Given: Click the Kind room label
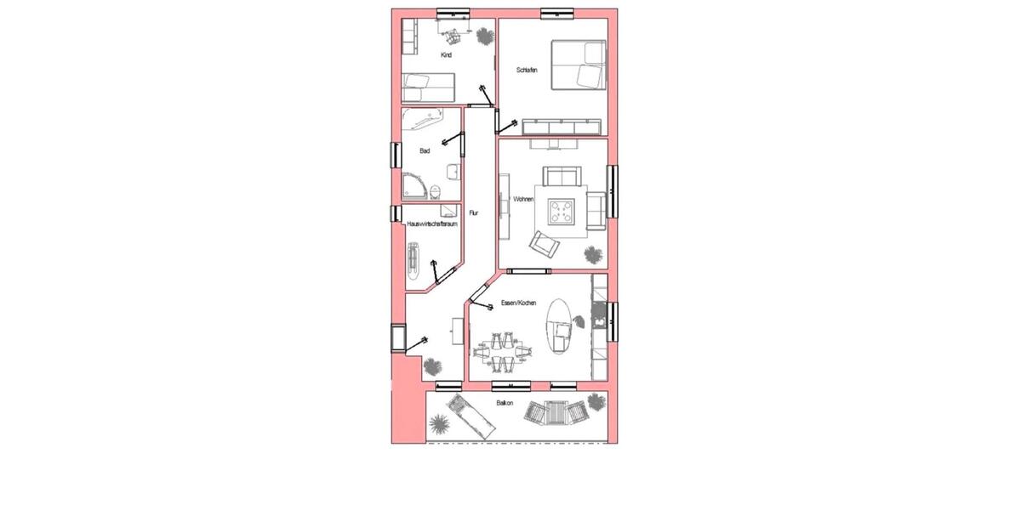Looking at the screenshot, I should [x=446, y=55].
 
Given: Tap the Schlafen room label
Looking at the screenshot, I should [x=527, y=71].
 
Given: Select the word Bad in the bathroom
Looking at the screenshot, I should [x=425, y=151].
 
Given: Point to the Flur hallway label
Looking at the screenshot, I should [x=474, y=213].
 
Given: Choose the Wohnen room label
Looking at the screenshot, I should [x=522, y=201].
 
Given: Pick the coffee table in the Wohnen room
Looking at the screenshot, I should [x=562, y=211].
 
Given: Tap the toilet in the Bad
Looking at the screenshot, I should [x=436, y=190].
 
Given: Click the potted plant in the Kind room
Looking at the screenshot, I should [x=484, y=37].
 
